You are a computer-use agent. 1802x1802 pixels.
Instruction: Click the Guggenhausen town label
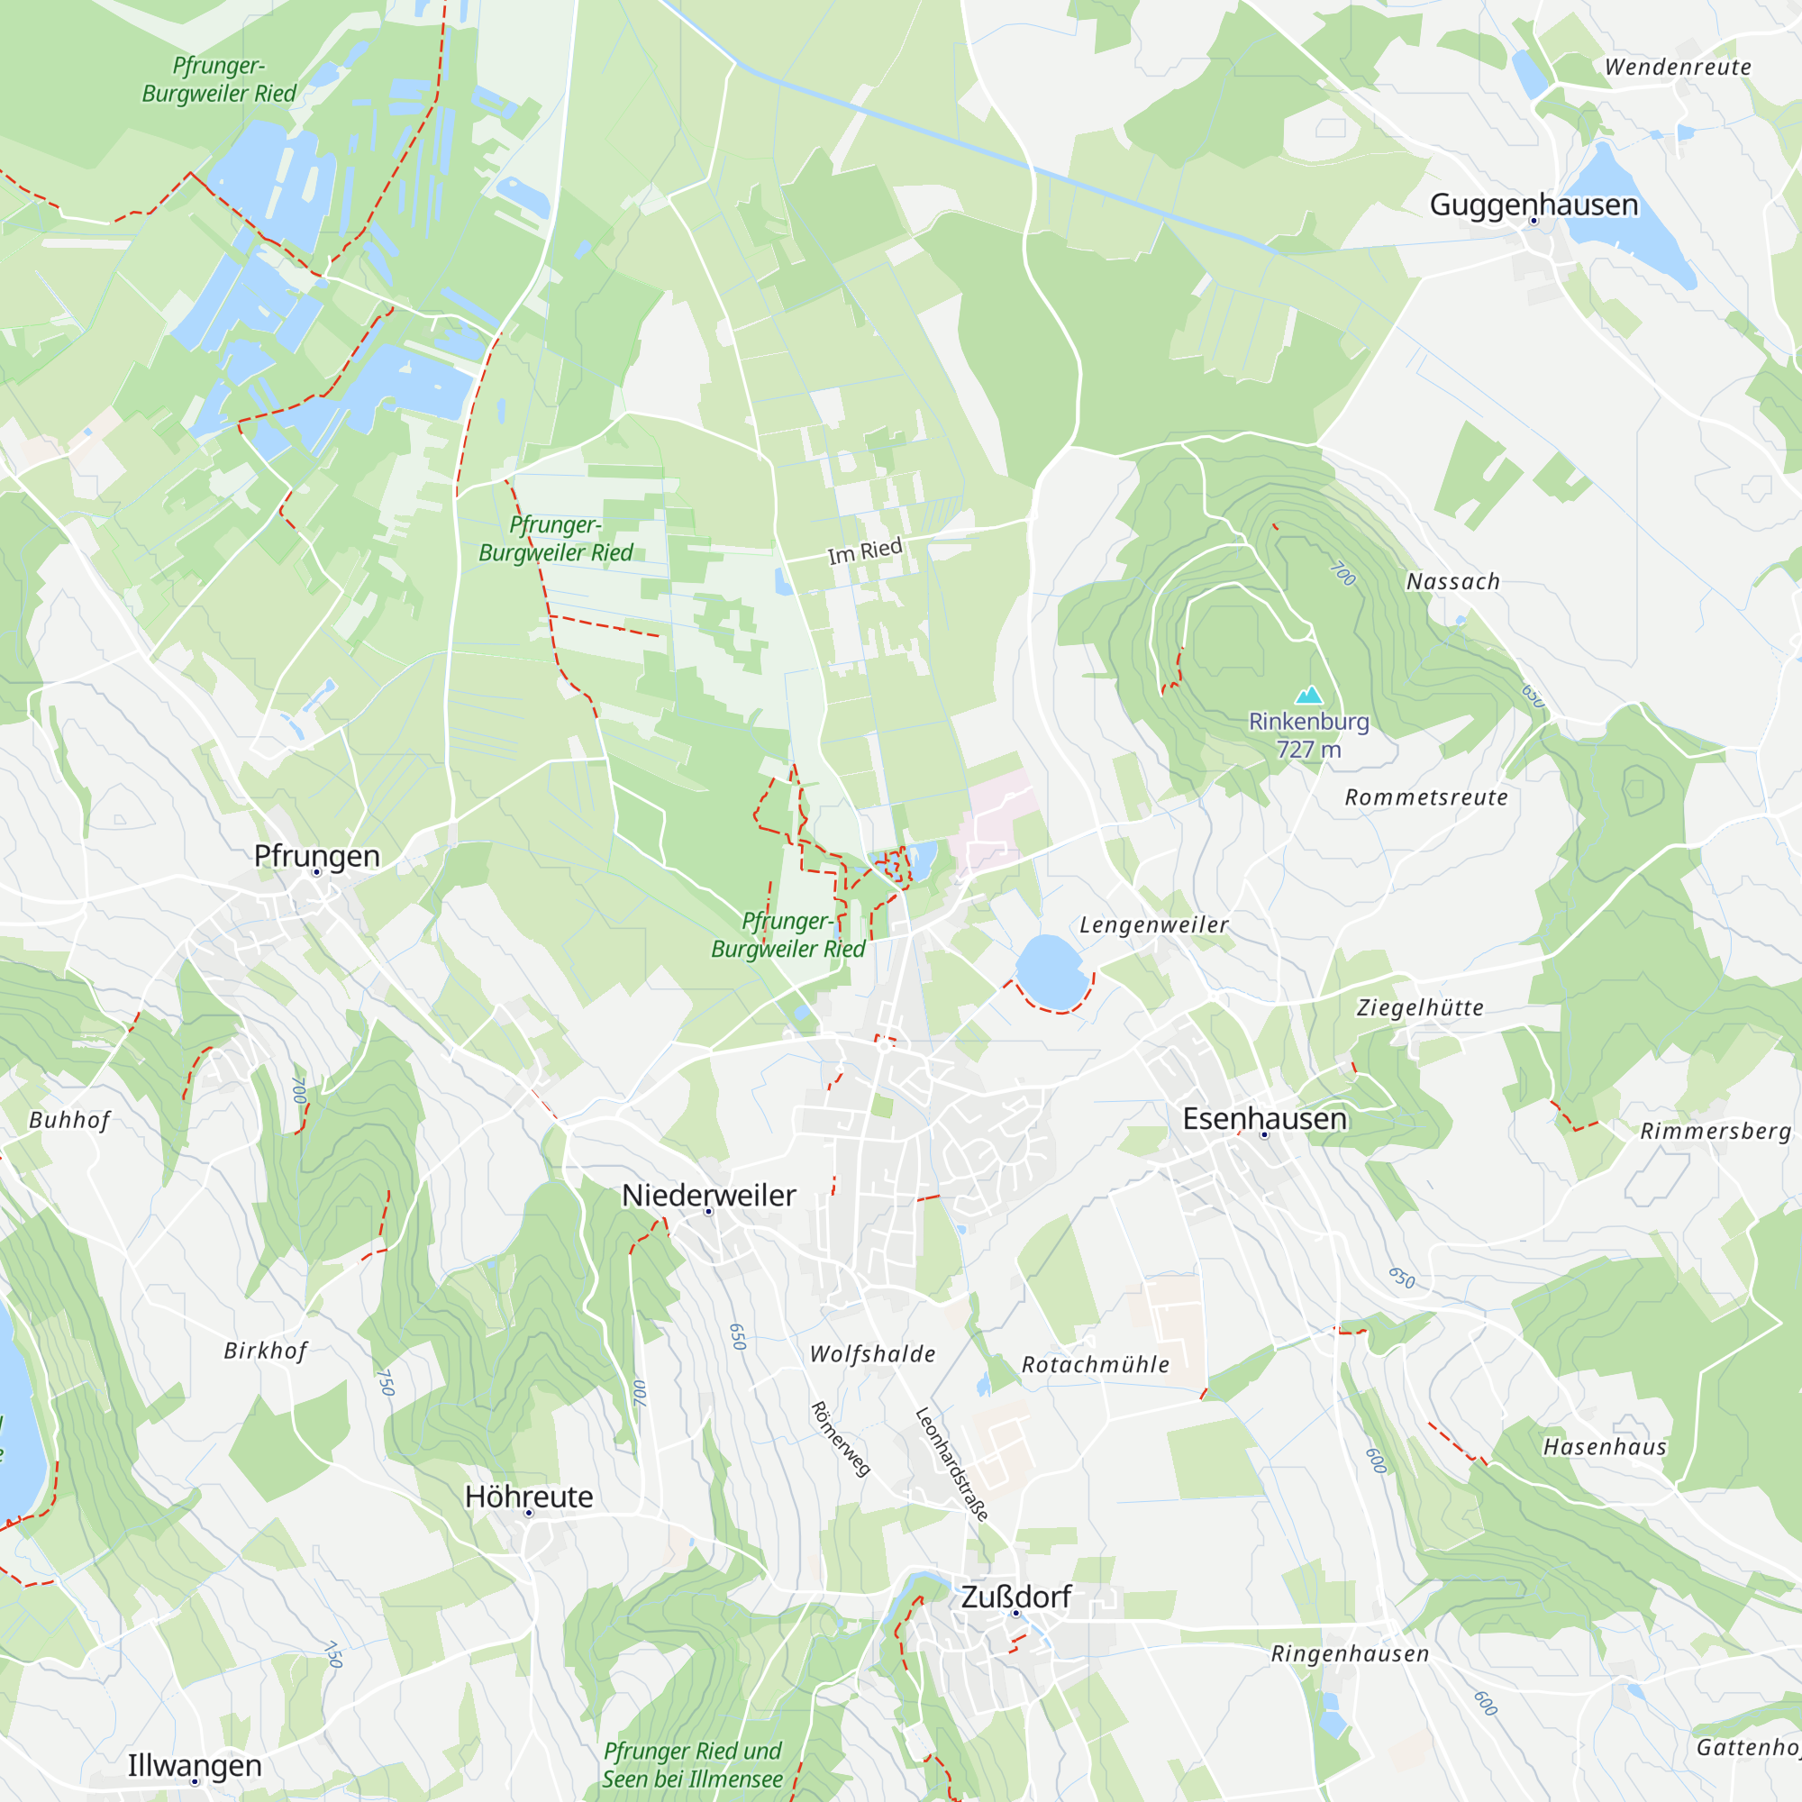click(1534, 205)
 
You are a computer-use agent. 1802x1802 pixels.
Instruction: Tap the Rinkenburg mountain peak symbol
click(1309, 695)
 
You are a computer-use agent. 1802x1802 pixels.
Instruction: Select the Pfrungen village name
click(317, 855)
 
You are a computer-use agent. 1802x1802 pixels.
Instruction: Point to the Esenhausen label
click(1265, 1118)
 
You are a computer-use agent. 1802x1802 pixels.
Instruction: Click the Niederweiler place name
click(709, 1195)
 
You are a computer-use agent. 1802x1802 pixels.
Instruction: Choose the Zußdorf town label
click(1015, 1597)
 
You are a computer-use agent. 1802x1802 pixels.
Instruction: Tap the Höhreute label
click(529, 1497)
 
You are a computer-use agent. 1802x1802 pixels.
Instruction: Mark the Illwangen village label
click(194, 1766)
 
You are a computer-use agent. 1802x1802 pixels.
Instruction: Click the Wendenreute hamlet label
click(1678, 68)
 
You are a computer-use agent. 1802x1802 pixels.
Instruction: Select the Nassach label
click(1453, 582)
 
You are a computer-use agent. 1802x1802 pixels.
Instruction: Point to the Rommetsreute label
click(1426, 797)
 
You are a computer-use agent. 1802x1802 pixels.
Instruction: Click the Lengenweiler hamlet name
click(1154, 925)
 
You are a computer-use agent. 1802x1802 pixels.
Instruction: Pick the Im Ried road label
click(865, 551)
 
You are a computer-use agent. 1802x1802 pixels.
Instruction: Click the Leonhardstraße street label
click(951, 1464)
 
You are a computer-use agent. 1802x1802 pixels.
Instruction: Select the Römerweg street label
click(841, 1439)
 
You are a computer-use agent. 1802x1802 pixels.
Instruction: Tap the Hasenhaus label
click(1605, 1448)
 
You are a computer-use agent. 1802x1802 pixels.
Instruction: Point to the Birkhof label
click(265, 1351)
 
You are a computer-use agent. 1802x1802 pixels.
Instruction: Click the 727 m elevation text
click(1308, 750)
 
